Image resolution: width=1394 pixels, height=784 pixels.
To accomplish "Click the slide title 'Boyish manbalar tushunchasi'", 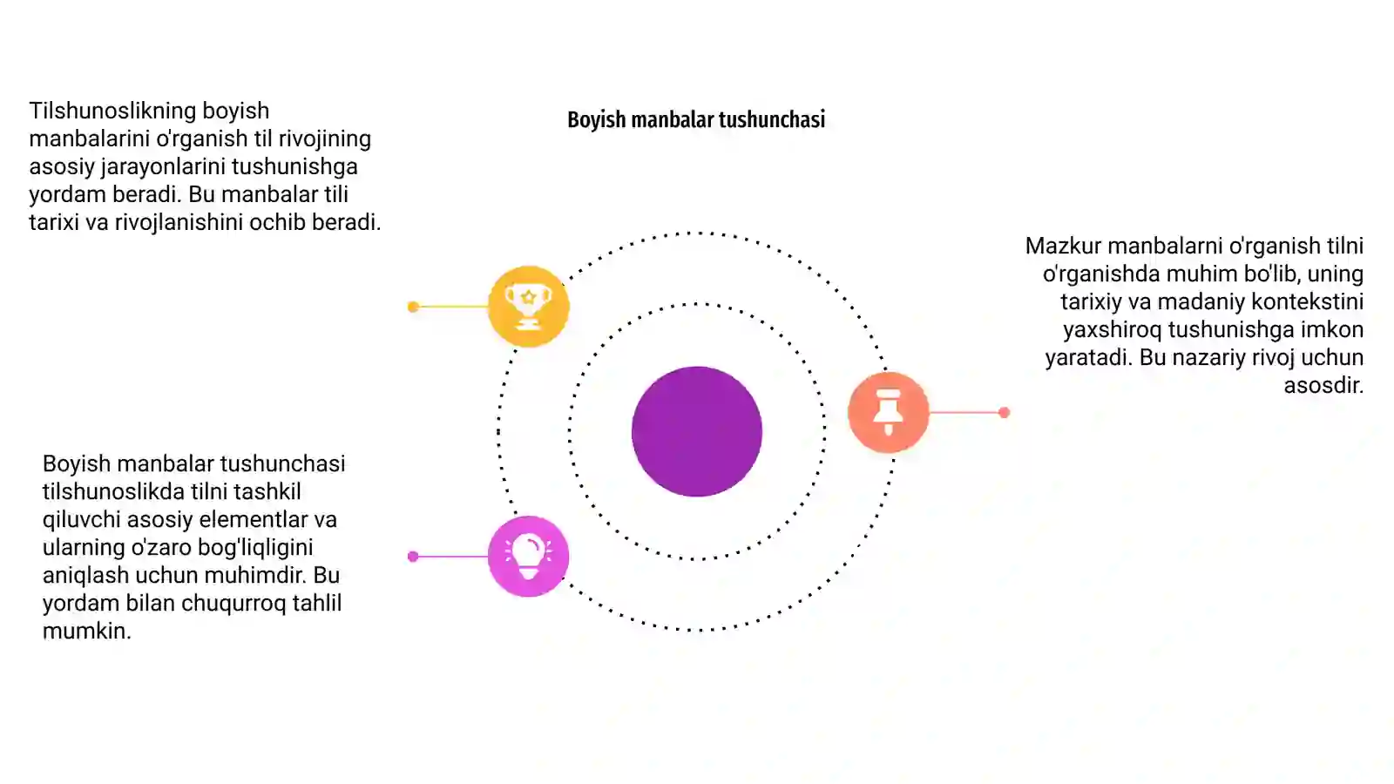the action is (696, 119).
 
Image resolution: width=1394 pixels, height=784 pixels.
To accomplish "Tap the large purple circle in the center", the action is (697, 431).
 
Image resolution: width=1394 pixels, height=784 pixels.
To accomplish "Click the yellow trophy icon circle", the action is (528, 306).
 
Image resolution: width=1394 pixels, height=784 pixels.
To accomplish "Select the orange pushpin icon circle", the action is (889, 412).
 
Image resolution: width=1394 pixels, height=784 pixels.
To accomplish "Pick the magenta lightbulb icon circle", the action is (528, 557).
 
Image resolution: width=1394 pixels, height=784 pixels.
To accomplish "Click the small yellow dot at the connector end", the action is (413, 306).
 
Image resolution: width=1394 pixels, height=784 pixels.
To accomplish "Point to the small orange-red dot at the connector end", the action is (1004, 412).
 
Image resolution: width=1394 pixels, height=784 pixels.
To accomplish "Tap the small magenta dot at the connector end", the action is (413, 557).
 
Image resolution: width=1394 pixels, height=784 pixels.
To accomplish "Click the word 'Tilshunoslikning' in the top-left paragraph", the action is (112, 111).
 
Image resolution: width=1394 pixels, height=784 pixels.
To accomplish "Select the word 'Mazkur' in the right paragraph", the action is (1063, 246).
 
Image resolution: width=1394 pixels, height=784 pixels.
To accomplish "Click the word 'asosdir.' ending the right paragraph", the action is (1323, 385).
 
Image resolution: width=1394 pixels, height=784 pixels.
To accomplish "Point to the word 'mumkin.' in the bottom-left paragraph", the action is (86, 631).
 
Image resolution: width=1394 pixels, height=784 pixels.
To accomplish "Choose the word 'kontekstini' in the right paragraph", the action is (1307, 301).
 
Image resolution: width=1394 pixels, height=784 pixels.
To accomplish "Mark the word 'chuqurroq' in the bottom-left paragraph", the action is (233, 604).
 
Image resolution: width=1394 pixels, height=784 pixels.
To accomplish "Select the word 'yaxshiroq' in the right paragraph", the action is (1112, 330).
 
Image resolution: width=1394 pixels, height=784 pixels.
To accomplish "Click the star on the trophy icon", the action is (528, 297).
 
